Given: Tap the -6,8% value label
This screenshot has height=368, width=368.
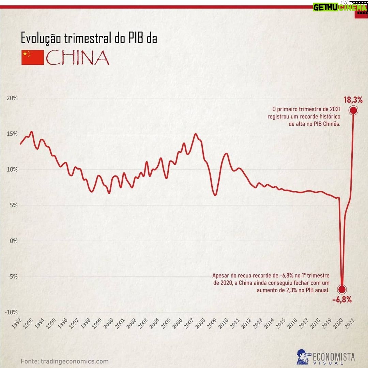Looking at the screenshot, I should pos(342,300).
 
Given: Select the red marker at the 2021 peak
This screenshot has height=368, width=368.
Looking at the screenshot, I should pos(353,110).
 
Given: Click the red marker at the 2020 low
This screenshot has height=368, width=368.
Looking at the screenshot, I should pos(342,289).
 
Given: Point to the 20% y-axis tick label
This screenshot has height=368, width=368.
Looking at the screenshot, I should pos(12,98).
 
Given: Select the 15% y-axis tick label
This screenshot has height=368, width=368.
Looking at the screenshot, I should pos(12,134).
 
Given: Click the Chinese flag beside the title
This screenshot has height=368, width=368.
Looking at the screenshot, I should pos(32,58).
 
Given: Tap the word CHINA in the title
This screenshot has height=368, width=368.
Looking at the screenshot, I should pos(78,58).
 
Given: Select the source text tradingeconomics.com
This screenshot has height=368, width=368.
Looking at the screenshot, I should pos(75,361).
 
